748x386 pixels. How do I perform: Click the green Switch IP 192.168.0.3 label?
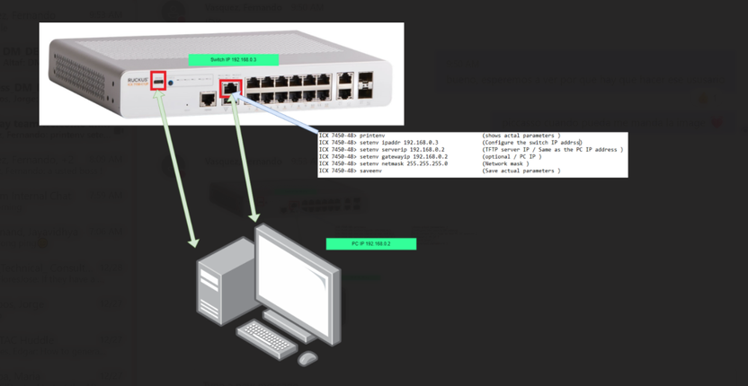tap(234, 59)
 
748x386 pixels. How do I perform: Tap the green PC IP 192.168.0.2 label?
tap(371, 243)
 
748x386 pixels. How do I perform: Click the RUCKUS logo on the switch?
tap(138, 81)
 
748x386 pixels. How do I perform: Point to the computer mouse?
tap(307, 358)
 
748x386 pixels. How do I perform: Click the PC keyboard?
tap(266, 339)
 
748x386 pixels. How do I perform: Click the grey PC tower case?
tap(221, 292)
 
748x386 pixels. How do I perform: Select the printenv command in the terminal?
tap(371, 136)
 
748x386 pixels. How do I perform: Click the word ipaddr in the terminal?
tap(388, 142)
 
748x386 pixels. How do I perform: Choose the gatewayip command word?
tap(396, 156)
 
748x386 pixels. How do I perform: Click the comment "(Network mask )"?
tap(509, 163)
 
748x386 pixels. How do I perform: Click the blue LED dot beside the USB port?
tap(171, 82)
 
